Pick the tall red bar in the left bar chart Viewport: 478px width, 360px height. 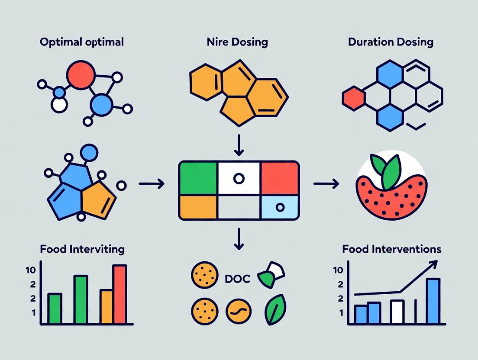click(119, 294)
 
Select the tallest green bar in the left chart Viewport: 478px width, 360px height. click(81, 299)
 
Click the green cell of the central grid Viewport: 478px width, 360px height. click(197, 177)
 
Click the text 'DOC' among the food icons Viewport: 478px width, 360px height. click(237, 279)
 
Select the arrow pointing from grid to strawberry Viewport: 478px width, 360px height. click(326, 184)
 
